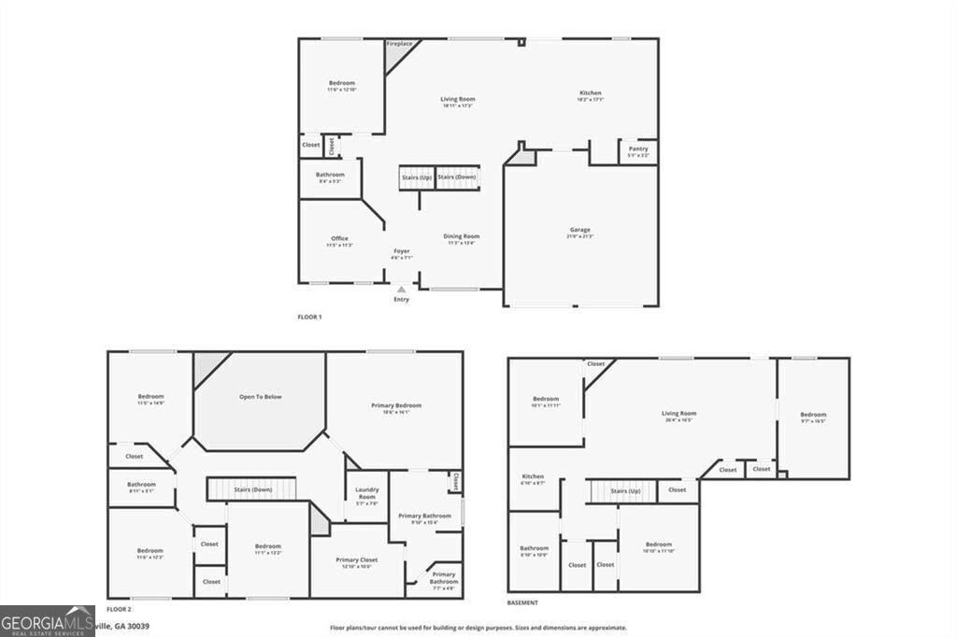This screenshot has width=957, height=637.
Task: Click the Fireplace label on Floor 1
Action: click(x=400, y=43)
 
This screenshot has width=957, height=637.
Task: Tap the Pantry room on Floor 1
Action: click(x=638, y=150)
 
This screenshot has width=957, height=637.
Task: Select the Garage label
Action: click(x=580, y=231)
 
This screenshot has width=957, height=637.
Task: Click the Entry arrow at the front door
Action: click(x=402, y=290)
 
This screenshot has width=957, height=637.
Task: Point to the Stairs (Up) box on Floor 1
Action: click(x=417, y=177)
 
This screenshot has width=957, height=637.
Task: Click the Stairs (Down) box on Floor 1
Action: click(x=457, y=177)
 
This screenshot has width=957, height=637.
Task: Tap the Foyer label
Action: click(x=401, y=252)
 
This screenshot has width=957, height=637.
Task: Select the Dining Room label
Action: click(x=461, y=238)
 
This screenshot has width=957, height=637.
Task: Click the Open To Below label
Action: click(x=260, y=397)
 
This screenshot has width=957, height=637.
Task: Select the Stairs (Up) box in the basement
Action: click(x=625, y=490)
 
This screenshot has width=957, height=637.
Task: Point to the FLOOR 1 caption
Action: click(x=309, y=318)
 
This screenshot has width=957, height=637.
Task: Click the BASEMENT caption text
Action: click(x=522, y=603)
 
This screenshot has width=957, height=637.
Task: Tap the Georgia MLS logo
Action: click(x=48, y=621)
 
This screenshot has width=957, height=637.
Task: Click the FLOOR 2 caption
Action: click(x=119, y=608)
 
